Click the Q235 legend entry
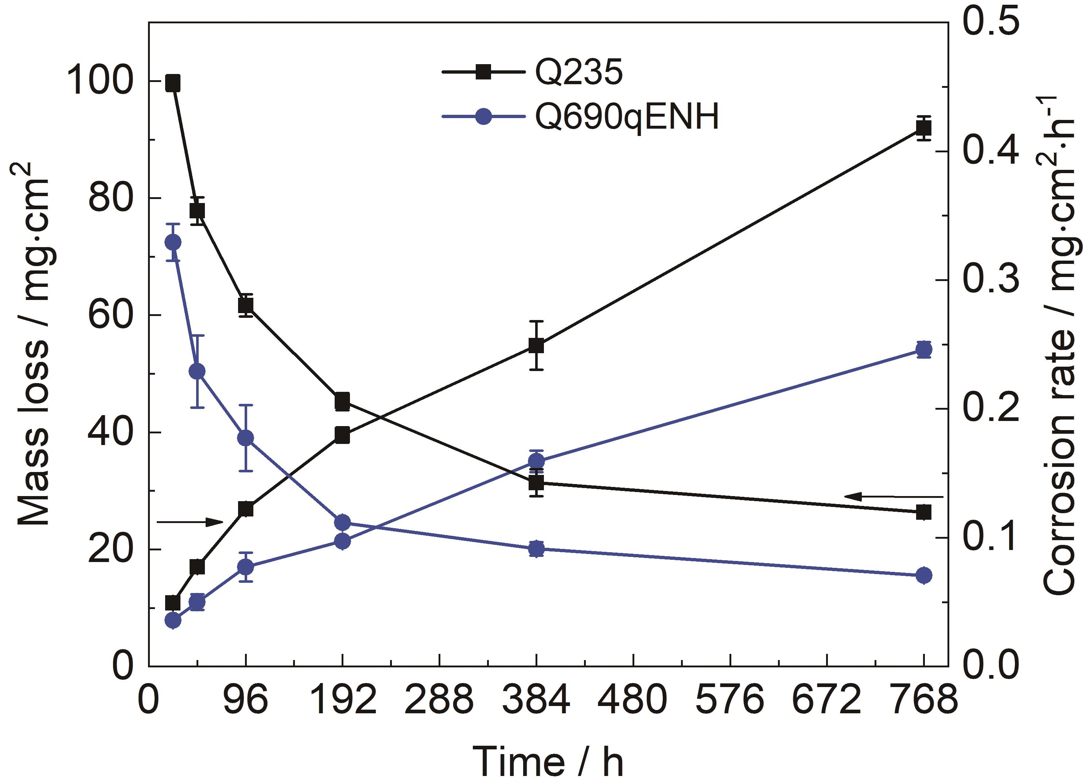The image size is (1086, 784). tap(533, 73)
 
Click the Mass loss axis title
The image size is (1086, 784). tap(35, 344)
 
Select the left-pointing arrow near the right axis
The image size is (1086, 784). tap(894, 497)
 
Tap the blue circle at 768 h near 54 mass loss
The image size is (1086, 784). tap(924, 350)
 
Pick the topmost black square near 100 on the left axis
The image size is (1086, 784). tap(172, 83)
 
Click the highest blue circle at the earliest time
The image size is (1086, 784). tap(172, 242)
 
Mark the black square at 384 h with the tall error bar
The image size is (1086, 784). tap(536, 346)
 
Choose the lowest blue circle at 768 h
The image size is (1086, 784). tap(924, 575)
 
